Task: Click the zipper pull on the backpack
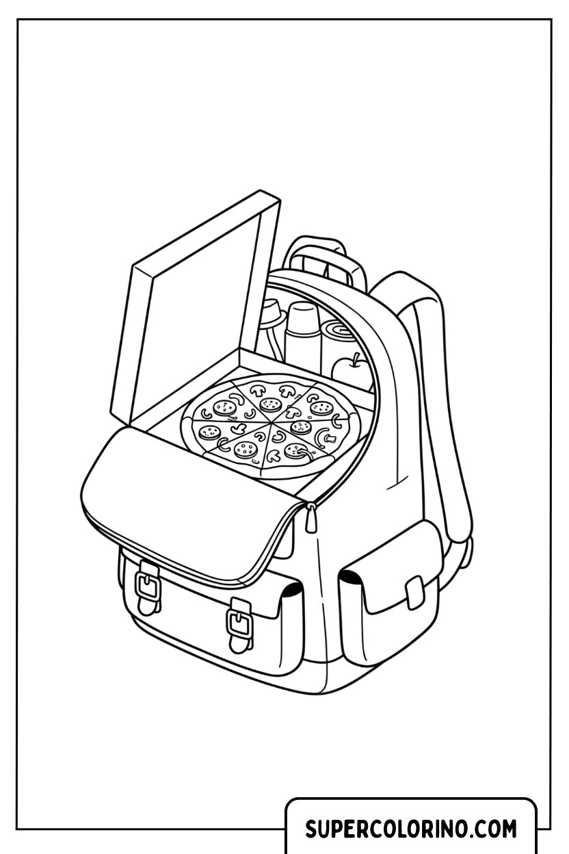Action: click(x=311, y=517)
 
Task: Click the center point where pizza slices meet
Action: click(x=270, y=422)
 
